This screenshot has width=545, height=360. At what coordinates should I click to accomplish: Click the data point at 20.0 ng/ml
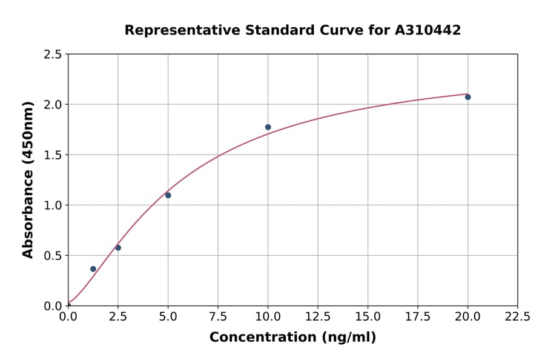tap(467, 97)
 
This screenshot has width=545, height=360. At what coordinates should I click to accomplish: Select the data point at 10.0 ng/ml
tap(268, 127)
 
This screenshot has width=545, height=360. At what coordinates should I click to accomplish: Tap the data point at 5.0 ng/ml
tap(168, 195)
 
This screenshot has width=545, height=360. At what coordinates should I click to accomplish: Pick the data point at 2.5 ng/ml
tap(118, 248)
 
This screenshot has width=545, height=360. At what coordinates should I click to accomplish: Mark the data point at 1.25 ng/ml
tap(93, 269)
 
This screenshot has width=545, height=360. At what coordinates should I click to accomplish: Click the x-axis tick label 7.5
tap(218, 317)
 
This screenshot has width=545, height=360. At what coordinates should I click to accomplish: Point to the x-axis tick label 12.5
tap(318, 317)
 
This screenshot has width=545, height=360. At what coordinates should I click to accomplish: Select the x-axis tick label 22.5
tap(518, 317)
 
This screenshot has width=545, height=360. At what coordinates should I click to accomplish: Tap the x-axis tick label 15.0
tap(368, 317)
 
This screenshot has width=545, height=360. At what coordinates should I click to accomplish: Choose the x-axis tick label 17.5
tap(418, 317)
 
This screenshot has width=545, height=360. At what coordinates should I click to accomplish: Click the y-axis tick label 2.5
tap(53, 55)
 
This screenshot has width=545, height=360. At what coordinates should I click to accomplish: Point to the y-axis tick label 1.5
tap(53, 155)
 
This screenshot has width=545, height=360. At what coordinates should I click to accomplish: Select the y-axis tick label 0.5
tap(53, 256)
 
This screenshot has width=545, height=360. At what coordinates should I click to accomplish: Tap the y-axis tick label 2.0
tap(53, 105)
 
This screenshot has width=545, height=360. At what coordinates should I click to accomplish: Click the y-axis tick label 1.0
tap(53, 205)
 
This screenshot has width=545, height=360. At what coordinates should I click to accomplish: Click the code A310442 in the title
tap(428, 30)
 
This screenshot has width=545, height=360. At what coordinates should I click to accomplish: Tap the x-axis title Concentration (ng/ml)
tap(292, 338)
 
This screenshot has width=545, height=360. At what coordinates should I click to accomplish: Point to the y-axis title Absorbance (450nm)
tap(28, 179)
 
